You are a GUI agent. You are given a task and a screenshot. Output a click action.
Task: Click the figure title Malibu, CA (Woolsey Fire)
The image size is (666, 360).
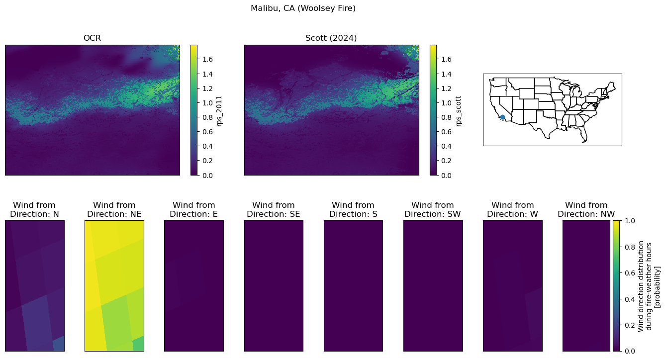point(303,8)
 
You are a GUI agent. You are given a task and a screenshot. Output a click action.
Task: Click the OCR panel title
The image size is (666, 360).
point(92,38)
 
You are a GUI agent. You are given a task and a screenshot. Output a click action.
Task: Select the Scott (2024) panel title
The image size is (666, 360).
point(331,38)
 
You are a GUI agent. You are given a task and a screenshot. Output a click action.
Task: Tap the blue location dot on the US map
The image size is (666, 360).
point(502,117)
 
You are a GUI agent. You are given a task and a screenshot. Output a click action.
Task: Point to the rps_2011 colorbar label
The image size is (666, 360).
point(219,111)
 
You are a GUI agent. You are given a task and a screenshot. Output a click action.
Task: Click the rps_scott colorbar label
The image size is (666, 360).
point(458,111)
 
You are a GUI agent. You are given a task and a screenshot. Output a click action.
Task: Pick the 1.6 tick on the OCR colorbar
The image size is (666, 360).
point(207,59)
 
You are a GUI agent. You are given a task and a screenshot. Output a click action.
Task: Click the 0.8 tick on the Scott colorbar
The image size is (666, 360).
point(447,117)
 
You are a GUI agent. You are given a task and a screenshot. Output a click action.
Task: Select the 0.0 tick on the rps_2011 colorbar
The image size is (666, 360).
point(207,176)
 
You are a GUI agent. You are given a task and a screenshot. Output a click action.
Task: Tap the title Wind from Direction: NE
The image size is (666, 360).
point(114,209)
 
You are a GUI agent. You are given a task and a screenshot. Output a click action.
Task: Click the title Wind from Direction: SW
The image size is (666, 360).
point(433,209)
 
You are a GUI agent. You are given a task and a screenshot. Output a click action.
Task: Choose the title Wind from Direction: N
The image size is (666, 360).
point(34,209)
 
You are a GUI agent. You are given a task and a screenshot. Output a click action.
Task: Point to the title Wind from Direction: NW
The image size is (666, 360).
point(586,209)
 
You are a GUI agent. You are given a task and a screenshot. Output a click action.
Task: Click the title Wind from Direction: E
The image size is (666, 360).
point(194,209)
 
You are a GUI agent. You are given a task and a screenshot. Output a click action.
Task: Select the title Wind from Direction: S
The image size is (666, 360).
point(353,209)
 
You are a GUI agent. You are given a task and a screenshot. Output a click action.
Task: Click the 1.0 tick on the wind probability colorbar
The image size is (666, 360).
point(630,221)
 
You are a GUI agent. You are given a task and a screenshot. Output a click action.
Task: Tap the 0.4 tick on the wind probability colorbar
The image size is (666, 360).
point(630,299)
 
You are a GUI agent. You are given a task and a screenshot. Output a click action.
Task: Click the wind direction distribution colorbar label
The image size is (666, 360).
point(649,286)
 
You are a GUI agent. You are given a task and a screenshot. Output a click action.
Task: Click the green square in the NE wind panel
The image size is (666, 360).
point(138,344)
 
